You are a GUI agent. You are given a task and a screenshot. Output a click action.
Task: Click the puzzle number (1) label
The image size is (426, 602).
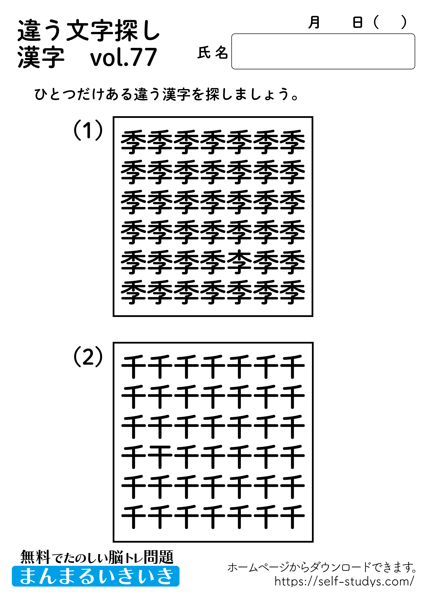click(x=88, y=130)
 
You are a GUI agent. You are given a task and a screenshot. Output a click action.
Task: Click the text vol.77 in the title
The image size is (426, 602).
click(x=123, y=57)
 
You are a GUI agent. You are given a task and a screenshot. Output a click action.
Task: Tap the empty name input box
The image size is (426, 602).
click(x=323, y=51)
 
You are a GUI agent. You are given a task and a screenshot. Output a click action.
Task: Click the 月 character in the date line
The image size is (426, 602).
click(x=314, y=22)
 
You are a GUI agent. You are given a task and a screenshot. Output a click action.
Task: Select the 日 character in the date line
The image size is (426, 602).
click(x=357, y=22)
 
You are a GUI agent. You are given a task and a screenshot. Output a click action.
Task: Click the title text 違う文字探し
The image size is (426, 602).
click(x=88, y=31)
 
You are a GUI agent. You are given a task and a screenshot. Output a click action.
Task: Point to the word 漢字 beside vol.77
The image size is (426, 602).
click(x=41, y=57)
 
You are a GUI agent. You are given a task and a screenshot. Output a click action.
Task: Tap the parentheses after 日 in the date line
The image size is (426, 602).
click(x=390, y=22)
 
